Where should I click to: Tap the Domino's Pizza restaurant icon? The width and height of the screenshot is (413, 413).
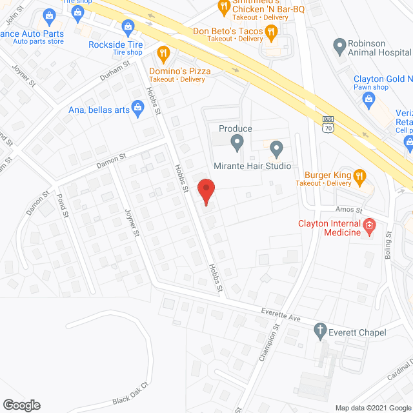(x=163, y=54)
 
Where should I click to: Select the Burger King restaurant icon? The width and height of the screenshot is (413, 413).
(x=360, y=175)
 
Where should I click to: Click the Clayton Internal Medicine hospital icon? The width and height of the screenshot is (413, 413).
(x=369, y=225)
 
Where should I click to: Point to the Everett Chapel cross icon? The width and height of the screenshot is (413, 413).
(x=319, y=333)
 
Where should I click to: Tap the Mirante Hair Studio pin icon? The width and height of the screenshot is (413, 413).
(x=276, y=149)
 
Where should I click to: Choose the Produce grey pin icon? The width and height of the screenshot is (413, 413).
(x=237, y=141)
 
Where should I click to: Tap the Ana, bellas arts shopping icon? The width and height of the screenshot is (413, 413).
(x=137, y=107)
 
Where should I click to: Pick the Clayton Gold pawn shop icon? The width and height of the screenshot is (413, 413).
(x=368, y=97)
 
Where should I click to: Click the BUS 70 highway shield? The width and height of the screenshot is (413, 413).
(x=328, y=123)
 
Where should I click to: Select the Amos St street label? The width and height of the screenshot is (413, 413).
(x=350, y=210)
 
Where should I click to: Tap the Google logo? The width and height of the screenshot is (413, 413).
(x=21, y=405)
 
